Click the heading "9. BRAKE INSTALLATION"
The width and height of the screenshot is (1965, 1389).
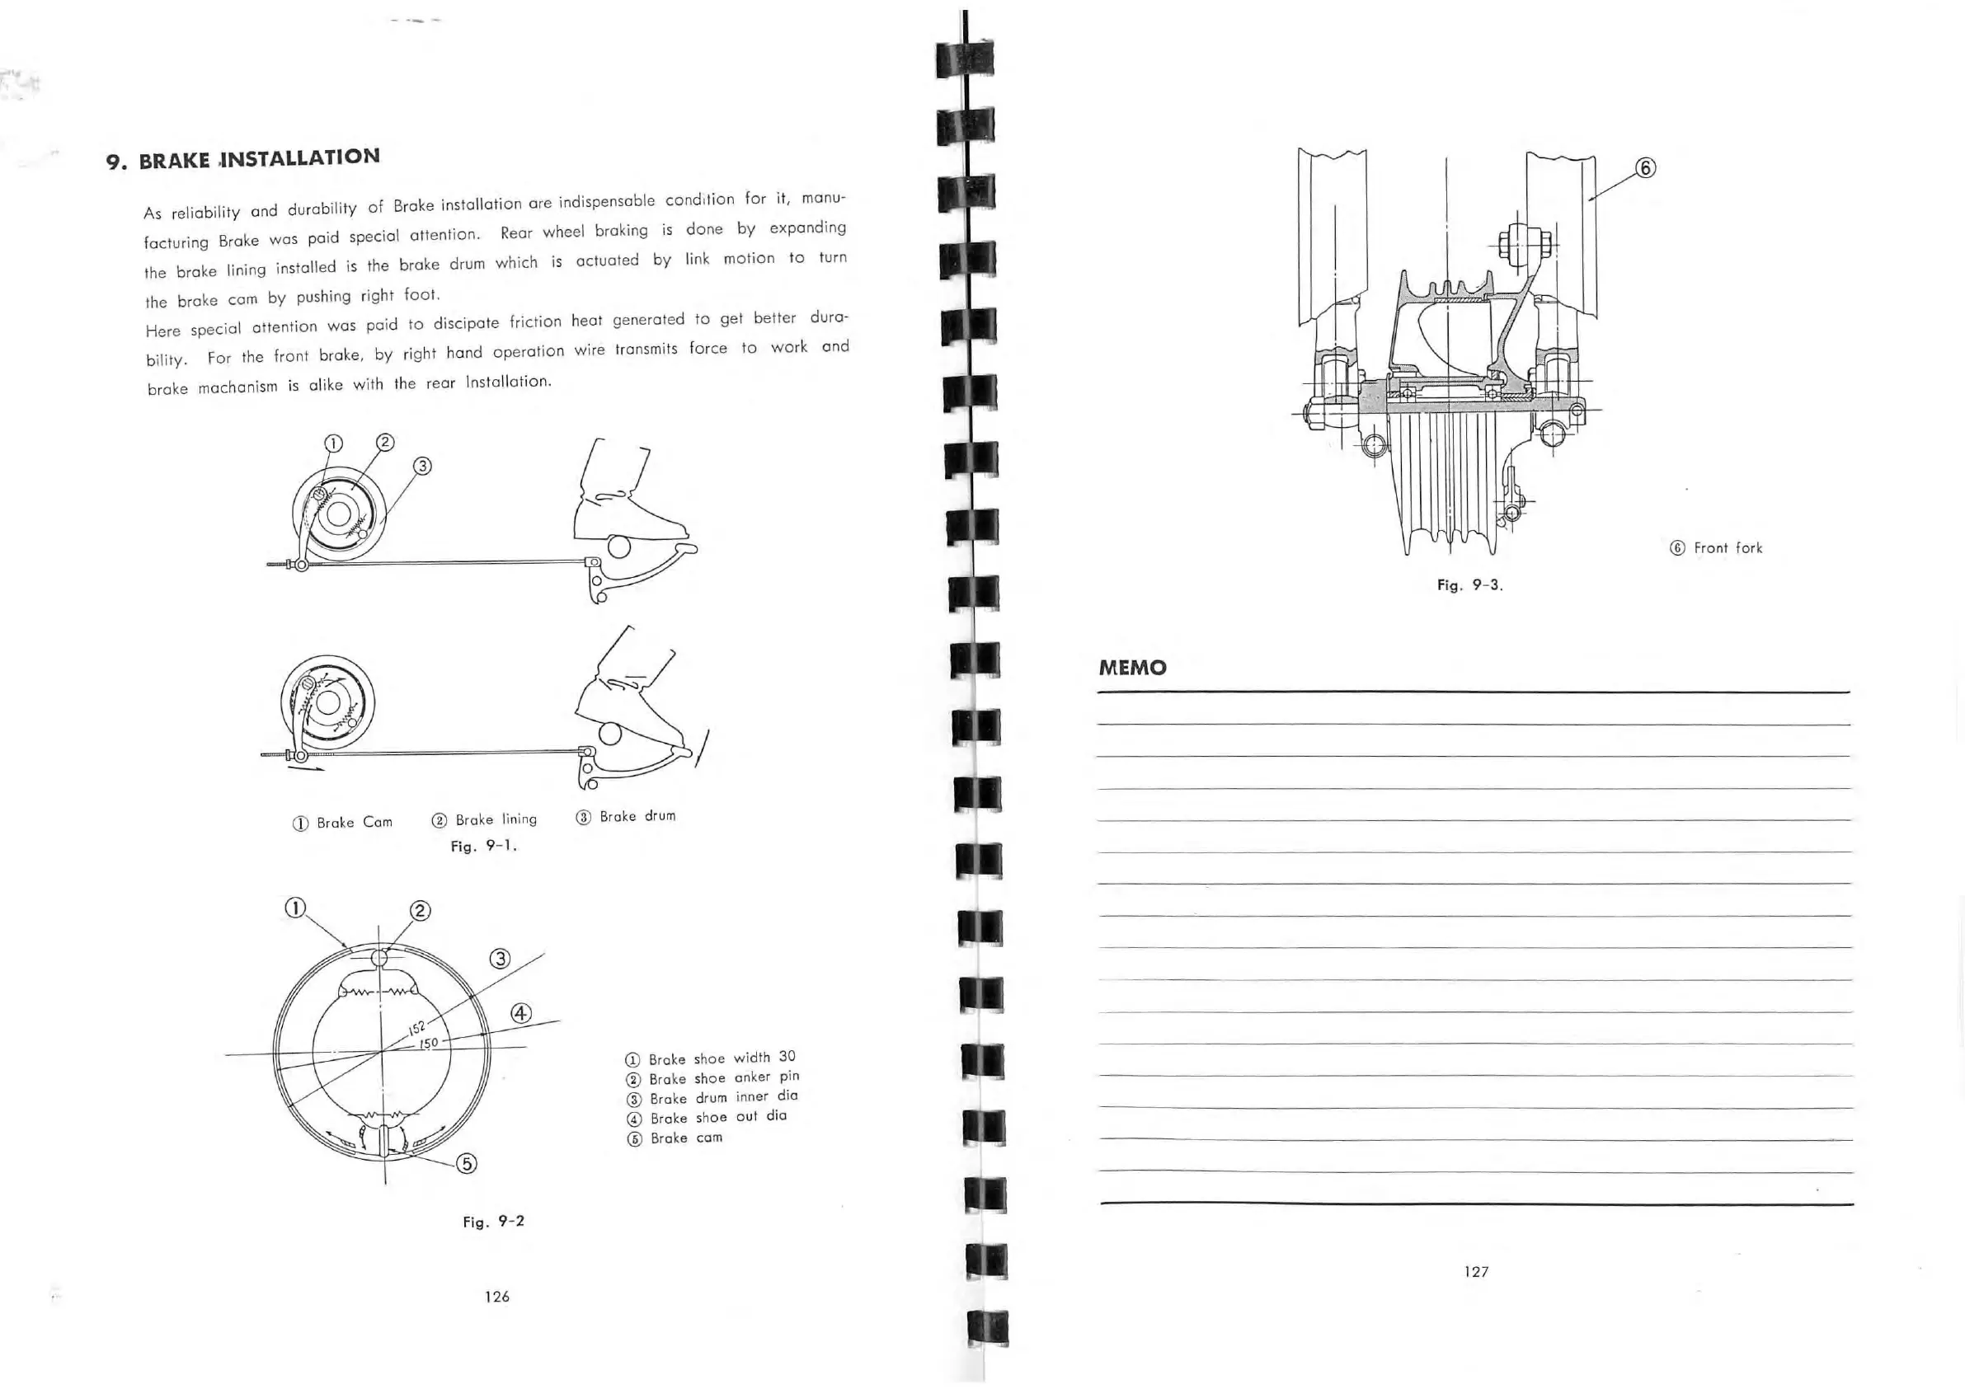pyautogui.click(x=243, y=159)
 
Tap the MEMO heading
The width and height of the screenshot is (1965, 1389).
pyautogui.click(x=1132, y=668)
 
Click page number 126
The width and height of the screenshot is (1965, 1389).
pyautogui.click(x=496, y=1297)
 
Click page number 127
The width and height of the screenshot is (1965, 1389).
pyautogui.click(x=1476, y=1272)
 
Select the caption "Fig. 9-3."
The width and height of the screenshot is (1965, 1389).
pyautogui.click(x=1469, y=585)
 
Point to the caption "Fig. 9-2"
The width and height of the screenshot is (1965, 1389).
pyautogui.click(x=493, y=1222)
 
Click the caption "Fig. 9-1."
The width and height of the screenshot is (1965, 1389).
pyautogui.click(x=483, y=846)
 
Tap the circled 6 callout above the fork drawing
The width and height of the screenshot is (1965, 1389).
pyautogui.click(x=1645, y=167)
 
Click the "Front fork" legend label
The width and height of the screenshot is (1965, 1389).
pyautogui.click(x=1727, y=547)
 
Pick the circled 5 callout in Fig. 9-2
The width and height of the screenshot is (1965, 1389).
pyautogui.click(x=467, y=1163)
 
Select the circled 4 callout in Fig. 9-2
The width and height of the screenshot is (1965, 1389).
pyautogui.click(x=520, y=1013)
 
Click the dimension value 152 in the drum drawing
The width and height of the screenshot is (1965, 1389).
pyautogui.click(x=416, y=1028)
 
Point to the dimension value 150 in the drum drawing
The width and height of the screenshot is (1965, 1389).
pyautogui.click(x=428, y=1044)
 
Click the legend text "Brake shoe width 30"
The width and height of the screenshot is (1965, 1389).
pyautogui.click(x=721, y=1058)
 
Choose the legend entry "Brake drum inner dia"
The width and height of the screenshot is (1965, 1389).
pyautogui.click(x=722, y=1097)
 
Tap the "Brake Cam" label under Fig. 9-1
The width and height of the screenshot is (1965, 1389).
pyautogui.click(x=354, y=823)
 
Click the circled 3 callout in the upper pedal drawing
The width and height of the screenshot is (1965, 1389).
pyautogui.click(x=423, y=466)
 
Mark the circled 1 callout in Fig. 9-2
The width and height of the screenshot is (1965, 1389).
pyautogui.click(x=294, y=907)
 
